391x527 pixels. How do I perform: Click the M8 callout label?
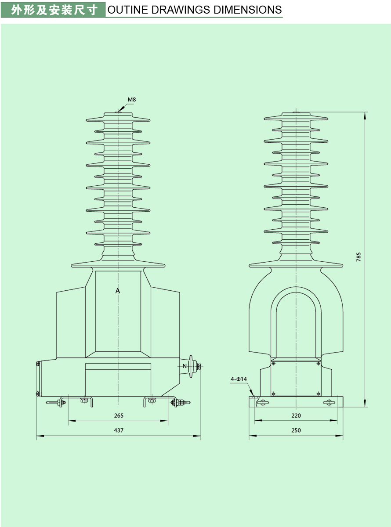132,100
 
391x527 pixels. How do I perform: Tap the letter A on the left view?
118,291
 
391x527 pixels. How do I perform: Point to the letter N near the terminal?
185,366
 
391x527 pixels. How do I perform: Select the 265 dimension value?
119,415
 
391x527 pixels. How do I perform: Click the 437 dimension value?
119,430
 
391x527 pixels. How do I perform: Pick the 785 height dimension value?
358,257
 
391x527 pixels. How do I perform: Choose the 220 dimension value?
296,415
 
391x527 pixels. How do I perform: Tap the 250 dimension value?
296,430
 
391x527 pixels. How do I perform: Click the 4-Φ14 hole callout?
239,379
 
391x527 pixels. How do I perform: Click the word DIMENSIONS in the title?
246,10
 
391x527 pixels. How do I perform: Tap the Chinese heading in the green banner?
54,10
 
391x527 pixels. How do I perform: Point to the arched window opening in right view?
296,325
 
